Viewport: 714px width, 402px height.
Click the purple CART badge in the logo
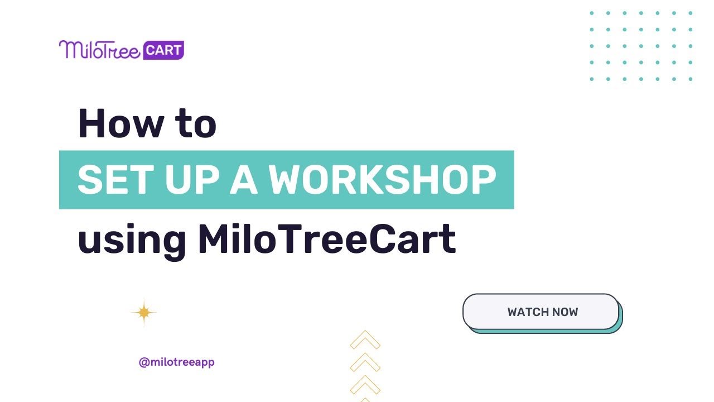coord(163,50)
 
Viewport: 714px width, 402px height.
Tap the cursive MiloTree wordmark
coord(99,50)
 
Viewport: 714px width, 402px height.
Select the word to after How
coord(196,124)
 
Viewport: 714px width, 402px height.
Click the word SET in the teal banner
coord(113,180)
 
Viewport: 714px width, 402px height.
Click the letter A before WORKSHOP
coord(244,180)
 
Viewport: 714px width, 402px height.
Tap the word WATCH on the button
coord(527,312)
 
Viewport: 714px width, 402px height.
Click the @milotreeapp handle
coord(176,362)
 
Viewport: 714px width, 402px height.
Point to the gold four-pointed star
coord(144,312)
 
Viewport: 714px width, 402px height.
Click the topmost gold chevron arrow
coord(365,340)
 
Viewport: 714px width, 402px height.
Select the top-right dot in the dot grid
coord(691,13)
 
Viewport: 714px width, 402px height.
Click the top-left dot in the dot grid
coord(592,13)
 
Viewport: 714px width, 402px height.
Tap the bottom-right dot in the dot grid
coord(691,79)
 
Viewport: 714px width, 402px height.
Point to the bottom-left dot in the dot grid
coord(592,79)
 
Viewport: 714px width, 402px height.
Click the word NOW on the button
coord(565,312)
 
